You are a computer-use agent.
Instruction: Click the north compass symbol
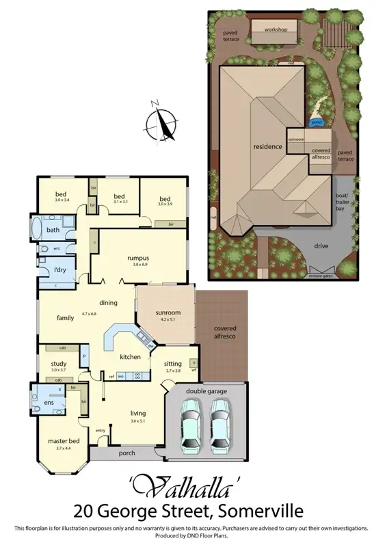162,123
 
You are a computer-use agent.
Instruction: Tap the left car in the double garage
191,425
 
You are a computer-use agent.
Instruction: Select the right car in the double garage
219,425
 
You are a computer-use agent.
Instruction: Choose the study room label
59,364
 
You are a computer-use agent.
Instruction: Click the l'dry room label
60,270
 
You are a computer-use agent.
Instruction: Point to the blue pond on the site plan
317,123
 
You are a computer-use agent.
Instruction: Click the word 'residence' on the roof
268,147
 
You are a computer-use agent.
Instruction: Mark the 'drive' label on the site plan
321,245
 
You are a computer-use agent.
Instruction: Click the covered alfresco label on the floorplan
225,332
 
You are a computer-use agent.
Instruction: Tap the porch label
126,453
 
